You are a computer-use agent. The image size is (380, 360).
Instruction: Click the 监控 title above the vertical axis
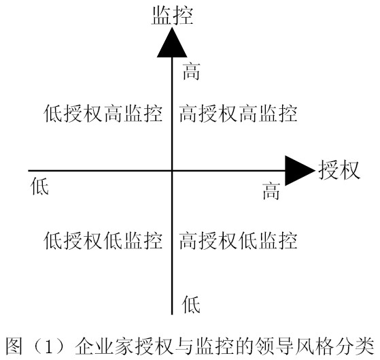coord(172,16)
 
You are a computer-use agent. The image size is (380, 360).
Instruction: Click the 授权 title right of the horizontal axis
coord(339,170)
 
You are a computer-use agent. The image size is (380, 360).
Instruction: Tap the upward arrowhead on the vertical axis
coord(172,42)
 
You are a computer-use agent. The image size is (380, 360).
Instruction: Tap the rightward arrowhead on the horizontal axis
coord(300,171)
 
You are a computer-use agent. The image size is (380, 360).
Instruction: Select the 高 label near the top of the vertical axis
coord(191,71)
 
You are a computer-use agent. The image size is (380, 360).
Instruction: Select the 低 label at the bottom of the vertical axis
coord(191,304)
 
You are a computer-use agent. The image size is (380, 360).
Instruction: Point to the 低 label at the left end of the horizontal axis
coord(39,186)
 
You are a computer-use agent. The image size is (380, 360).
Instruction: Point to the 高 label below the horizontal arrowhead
coord(271,191)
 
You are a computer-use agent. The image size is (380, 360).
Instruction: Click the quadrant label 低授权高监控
coord(103,113)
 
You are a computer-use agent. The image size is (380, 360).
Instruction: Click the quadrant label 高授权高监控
coord(238,113)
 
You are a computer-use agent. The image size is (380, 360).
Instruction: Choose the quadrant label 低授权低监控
coord(103,240)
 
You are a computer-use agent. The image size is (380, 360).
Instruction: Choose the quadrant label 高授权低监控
coord(238,240)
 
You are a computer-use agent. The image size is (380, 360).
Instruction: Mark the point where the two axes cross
coord(172,171)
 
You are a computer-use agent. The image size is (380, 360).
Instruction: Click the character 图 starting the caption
coord(14,346)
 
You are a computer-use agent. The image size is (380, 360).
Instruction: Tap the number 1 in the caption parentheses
coord(48,346)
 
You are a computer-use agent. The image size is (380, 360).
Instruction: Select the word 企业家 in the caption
coord(104,346)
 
